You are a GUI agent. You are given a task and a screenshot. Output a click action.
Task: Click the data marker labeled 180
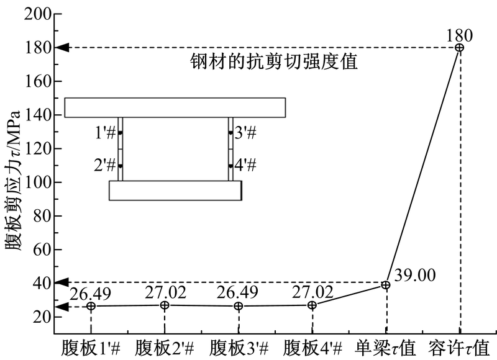tap(459, 48)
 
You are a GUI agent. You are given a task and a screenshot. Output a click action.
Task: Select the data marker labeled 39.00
tap(385, 285)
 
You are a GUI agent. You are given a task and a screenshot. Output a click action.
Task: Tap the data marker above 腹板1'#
tap(91, 306)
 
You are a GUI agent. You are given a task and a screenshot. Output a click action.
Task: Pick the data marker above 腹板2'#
tap(165, 305)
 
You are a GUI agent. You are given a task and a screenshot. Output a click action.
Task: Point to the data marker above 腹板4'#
tap(312, 305)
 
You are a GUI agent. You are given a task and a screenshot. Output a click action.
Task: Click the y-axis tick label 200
tap(38, 14)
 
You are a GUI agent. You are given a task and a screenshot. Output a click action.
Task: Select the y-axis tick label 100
tap(38, 182)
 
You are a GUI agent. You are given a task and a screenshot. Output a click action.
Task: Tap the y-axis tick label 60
tap(42, 250)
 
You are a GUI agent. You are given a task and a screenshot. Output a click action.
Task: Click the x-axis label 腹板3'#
tap(239, 349)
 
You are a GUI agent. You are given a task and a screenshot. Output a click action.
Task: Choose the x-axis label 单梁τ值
tap(385, 348)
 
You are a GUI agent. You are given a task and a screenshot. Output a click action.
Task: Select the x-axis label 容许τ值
tap(459, 348)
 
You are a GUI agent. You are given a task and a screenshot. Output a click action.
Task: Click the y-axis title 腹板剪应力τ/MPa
tap(13, 181)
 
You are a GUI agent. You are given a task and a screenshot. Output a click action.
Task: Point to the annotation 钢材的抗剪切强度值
tap(274, 61)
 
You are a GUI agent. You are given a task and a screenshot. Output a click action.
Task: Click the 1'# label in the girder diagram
tap(105, 132)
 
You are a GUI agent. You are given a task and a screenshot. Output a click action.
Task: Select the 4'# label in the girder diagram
tap(245, 165)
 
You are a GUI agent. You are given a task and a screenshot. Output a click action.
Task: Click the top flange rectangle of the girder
tap(175, 107)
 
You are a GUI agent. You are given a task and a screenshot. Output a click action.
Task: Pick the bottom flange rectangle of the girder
tap(176, 191)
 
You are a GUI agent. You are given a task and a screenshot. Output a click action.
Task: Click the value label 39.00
tap(415, 275)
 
